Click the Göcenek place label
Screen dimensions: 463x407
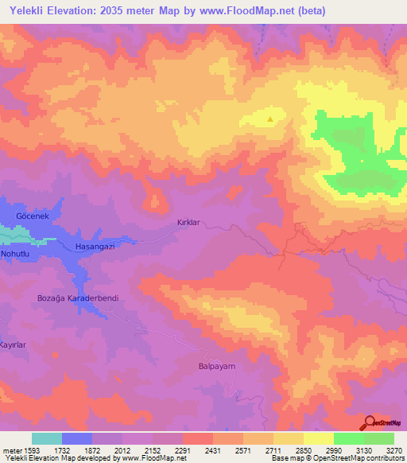[x=33, y=216]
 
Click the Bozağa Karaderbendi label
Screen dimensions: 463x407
[x=78, y=298]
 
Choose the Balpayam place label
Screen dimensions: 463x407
[x=214, y=367]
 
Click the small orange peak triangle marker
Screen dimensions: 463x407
[x=271, y=120]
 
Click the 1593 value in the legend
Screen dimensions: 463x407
[x=29, y=450]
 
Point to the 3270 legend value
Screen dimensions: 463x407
[x=394, y=450]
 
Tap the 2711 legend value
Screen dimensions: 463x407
[x=273, y=450]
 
